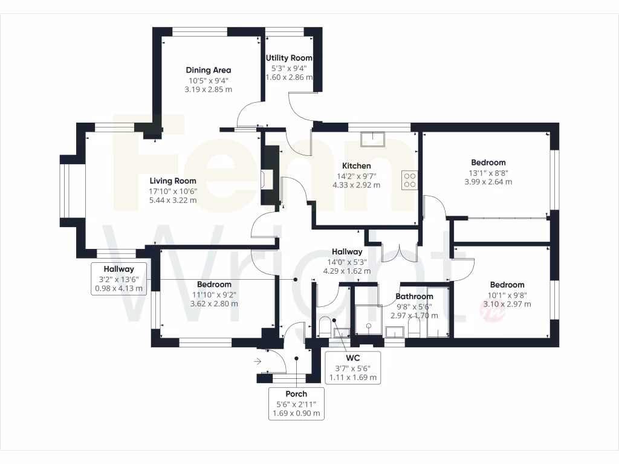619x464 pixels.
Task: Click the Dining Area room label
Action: [209, 70]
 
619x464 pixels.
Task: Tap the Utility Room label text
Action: [290, 58]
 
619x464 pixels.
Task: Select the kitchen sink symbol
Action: [373, 140]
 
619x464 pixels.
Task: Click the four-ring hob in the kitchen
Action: [409, 179]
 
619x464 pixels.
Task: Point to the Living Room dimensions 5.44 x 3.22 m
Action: [173, 200]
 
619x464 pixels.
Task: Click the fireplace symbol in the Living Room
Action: [265, 180]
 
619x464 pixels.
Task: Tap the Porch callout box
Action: [296, 404]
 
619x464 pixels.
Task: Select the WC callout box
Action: [353, 367]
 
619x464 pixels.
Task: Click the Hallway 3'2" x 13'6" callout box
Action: [118, 279]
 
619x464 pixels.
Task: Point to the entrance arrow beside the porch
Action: [258, 362]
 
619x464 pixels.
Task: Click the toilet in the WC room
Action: [324, 327]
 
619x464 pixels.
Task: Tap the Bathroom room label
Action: [415, 296]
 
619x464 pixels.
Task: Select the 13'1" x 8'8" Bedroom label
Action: [488, 163]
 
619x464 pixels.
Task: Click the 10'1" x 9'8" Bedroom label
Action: [507, 285]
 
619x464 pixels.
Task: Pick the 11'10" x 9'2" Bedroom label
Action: [214, 285]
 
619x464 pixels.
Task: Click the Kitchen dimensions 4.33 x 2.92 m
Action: [356, 185]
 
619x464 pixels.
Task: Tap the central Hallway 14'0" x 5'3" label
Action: [347, 252]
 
